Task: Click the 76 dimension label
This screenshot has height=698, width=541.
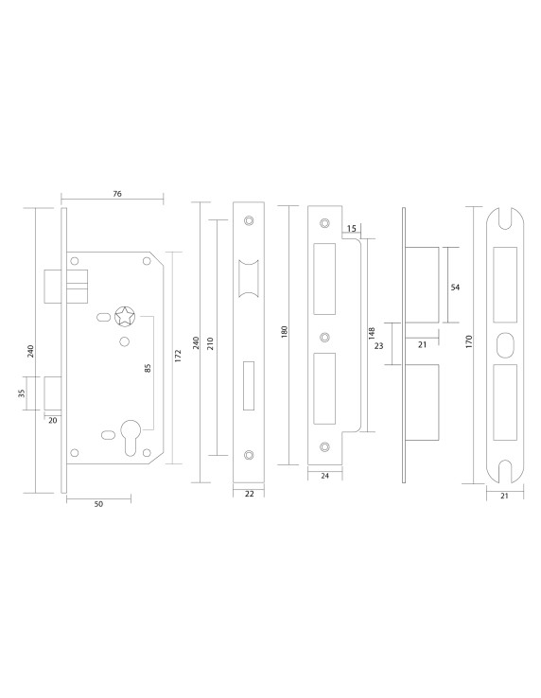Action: click(x=117, y=193)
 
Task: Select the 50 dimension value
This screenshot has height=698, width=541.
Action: click(x=98, y=504)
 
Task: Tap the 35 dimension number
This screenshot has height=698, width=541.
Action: click(x=24, y=393)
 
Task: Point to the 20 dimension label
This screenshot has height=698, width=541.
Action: click(x=51, y=419)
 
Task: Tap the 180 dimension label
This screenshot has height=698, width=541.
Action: click(x=285, y=331)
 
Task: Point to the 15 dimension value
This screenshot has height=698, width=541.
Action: click(x=352, y=229)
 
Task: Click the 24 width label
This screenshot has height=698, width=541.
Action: click(x=324, y=477)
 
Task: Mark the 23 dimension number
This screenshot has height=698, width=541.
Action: click(x=379, y=347)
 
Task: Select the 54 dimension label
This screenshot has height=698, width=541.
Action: click(x=455, y=287)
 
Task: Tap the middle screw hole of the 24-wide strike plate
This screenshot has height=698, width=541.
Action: click(x=324, y=336)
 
